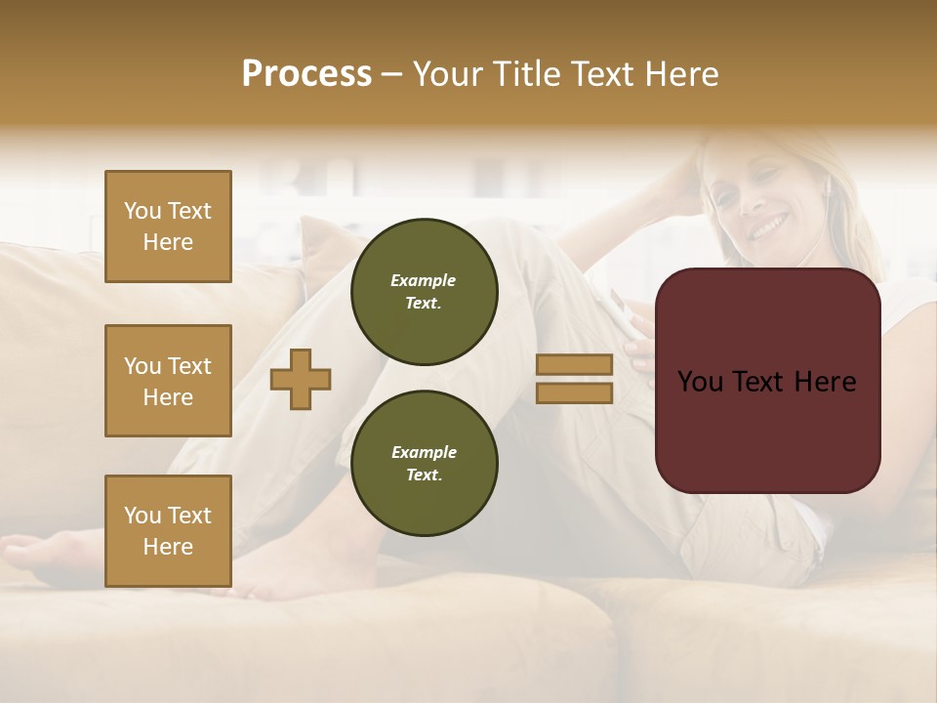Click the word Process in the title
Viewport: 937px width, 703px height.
[306, 74]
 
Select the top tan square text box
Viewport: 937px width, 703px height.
[168, 227]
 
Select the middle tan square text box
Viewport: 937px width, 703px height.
[168, 381]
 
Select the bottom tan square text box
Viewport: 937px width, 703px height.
[168, 531]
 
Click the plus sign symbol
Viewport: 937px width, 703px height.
[301, 379]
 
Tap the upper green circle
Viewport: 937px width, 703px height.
[424, 292]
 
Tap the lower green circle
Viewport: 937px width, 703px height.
[424, 464]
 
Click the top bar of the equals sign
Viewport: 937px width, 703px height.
[574, 364]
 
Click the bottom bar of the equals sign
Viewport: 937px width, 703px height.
[574, 393]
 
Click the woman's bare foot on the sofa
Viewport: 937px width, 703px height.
[39, 555]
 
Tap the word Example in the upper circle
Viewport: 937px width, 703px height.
[424, 280]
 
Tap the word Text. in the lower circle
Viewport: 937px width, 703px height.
[424, 476]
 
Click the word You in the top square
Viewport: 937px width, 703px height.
[143, 211]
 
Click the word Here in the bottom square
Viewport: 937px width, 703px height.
[168, 547]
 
